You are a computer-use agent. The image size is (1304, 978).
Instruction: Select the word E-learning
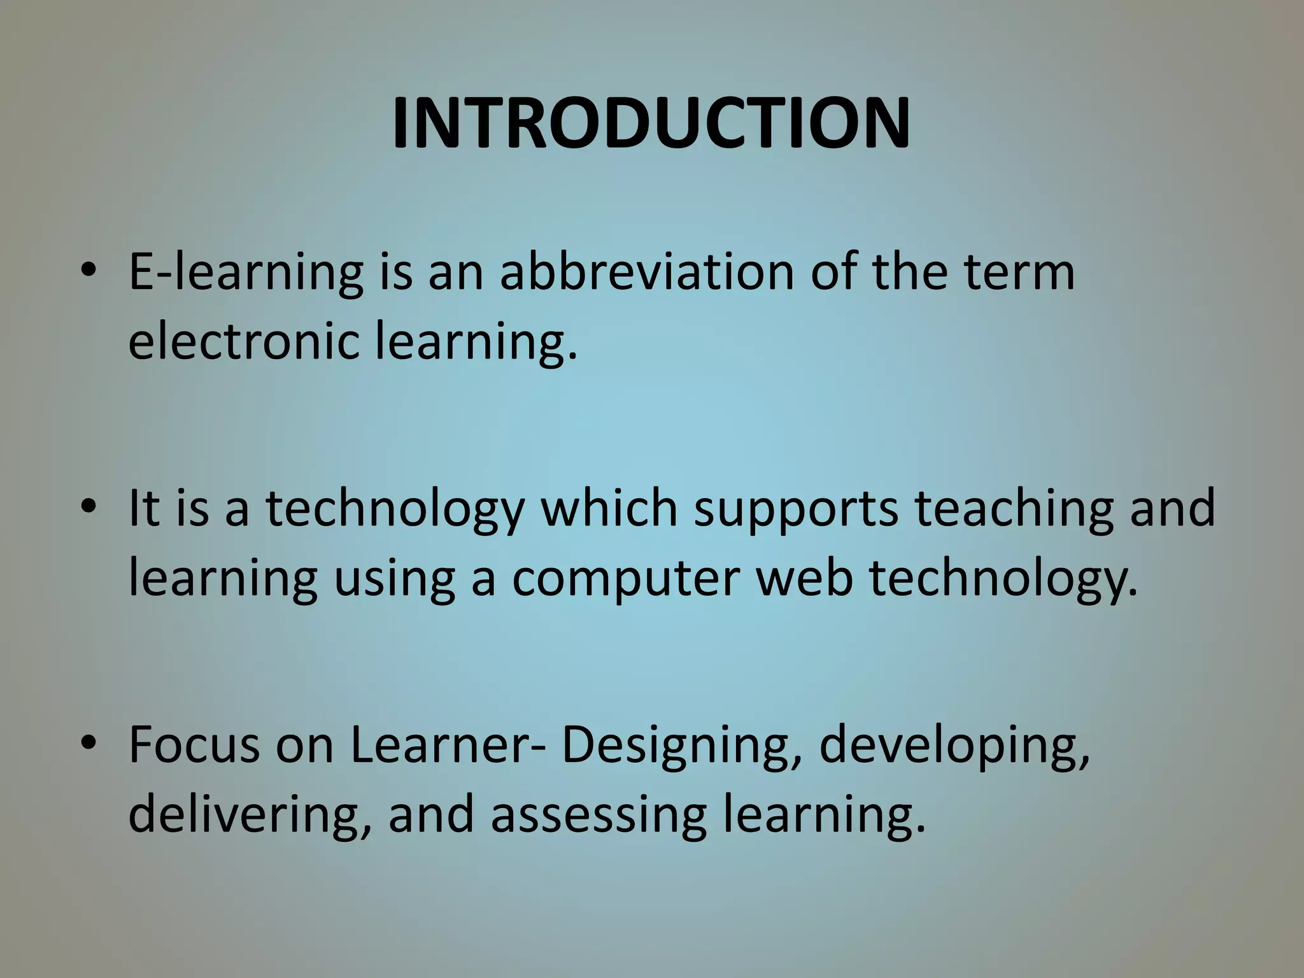pos(246,273)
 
